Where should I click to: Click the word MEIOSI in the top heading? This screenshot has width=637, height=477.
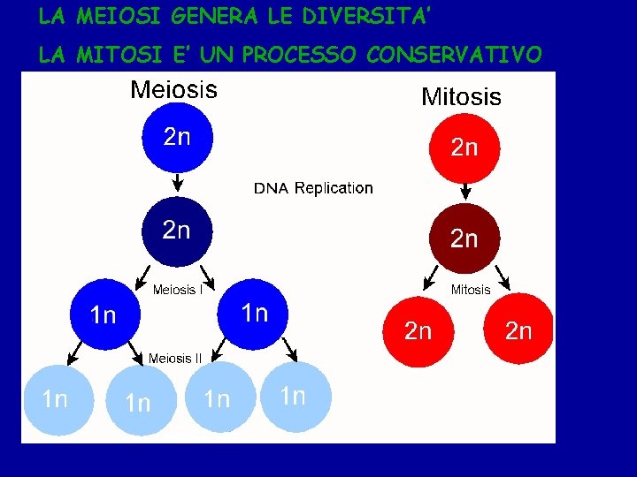(111, 16)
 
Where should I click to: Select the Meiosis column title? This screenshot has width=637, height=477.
(173, 89)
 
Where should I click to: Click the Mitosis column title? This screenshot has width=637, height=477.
(461, 96)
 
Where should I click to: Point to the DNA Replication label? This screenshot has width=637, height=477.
(313, 188)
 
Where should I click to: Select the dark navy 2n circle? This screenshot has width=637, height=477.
(177, 231)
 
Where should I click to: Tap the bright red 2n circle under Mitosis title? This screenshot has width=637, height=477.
(464, 147)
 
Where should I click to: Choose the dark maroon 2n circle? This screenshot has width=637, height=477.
(464, 238)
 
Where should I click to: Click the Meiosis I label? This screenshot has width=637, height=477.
(179, 290)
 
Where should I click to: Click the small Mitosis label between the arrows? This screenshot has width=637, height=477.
(471, 290)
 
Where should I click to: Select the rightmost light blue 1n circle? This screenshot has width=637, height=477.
(293, 396)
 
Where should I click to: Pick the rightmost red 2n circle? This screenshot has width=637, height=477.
(518, 330)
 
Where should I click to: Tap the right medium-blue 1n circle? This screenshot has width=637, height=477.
(255, 313)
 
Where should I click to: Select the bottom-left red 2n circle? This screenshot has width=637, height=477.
(418, 330)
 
